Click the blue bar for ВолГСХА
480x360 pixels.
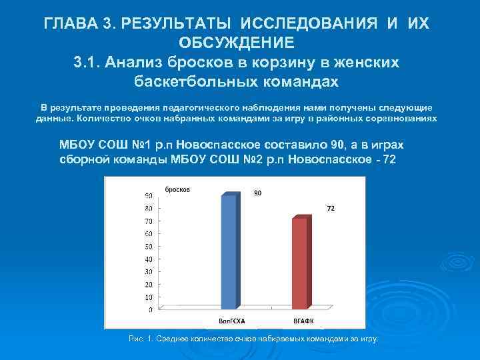(229, 250)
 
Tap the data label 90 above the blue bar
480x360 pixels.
(257, 193)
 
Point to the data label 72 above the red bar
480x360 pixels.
(329, 209)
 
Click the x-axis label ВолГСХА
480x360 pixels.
(232, 321)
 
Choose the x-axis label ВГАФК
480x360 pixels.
(303, 321)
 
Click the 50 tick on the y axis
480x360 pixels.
(149, 246)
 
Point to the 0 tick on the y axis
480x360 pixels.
(151, 310)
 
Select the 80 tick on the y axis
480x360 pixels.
(149, 208)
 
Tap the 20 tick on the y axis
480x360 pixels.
(149, 284)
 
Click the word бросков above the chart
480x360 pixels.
(178, 189)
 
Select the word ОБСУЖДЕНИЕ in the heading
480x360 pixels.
(237, 43)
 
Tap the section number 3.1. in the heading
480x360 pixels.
(91, 62)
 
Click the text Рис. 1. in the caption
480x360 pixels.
(141, 339)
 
